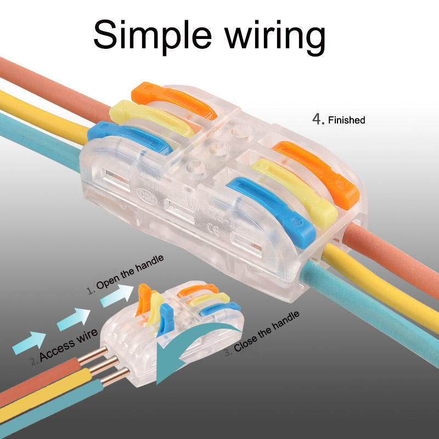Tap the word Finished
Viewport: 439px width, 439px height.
[346, 120]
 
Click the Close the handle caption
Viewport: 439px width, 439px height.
[267, 332]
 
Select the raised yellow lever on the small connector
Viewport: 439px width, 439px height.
[156, 311]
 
